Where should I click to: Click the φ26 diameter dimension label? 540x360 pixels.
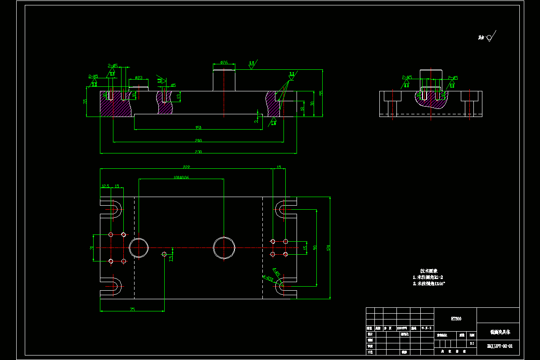(x=224, y=62)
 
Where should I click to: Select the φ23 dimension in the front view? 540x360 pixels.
(x=139, y=78)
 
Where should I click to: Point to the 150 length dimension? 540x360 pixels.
(x=198, y=128)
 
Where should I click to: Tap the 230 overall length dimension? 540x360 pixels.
(x=198, y=152)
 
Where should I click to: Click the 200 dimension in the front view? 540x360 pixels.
(x=198, y=140)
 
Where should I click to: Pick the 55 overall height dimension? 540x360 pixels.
(x=321, y=93)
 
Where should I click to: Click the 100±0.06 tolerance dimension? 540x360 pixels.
(x=181, y=177)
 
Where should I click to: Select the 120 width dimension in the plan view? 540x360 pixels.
(x=328, y=247)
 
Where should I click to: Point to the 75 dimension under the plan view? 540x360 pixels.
(x=132, y=309)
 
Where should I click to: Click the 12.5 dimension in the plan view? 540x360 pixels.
(x=105, y=186)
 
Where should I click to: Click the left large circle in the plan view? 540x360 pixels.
(x=139, y=247)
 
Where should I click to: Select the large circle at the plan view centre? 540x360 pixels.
(x=224, y=247)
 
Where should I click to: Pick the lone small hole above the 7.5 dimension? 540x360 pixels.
(x=164, y=254)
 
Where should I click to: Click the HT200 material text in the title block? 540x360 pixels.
(x=456, y=319)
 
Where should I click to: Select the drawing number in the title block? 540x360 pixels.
(x=499, y=346)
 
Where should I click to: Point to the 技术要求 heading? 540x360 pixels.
(x=429, y=271)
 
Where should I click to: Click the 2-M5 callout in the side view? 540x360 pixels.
(x=407, y=77)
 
